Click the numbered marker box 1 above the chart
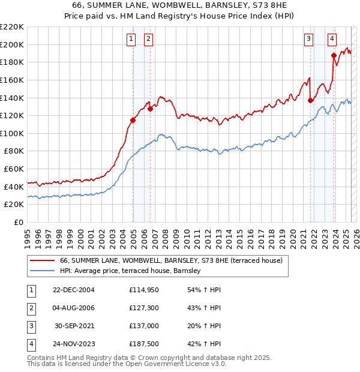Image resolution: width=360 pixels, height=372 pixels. (x=131, y=40)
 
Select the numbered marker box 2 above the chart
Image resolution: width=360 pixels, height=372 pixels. (x=148, y=40)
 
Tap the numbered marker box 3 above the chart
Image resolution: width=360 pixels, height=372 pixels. (x=308, y=40)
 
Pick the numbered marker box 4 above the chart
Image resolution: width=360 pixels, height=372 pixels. (x=332, y=40)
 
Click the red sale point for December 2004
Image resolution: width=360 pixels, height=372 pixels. (x=133, y=120)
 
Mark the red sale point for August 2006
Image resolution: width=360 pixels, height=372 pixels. (x=150, y=109)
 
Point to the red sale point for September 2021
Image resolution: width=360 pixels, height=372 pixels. (x=310, y=100)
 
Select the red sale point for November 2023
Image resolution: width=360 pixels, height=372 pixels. (x=334, y=55)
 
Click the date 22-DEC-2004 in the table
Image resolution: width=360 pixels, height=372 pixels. (x=74, y=290)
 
